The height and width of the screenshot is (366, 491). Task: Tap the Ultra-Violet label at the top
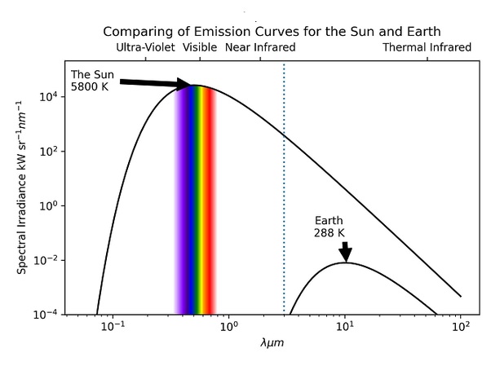click(x=145, y=47)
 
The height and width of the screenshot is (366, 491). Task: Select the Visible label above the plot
click(x=200, y=47)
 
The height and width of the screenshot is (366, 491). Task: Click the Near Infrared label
click(x=259, y=47)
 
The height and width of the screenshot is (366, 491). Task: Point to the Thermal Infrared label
click(x=427, y=47)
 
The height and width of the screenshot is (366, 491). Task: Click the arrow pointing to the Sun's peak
click(x=155, y=82)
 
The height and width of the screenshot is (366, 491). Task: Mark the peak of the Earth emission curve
click(x=345, y=262)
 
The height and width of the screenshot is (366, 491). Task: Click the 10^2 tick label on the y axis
click(x=50, y=152)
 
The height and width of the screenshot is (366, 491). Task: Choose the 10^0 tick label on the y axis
click(x=50, y=206)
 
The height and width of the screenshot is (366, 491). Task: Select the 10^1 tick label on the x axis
click(x=345, y=329)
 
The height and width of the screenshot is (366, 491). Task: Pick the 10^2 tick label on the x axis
click(x=462, y=329)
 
